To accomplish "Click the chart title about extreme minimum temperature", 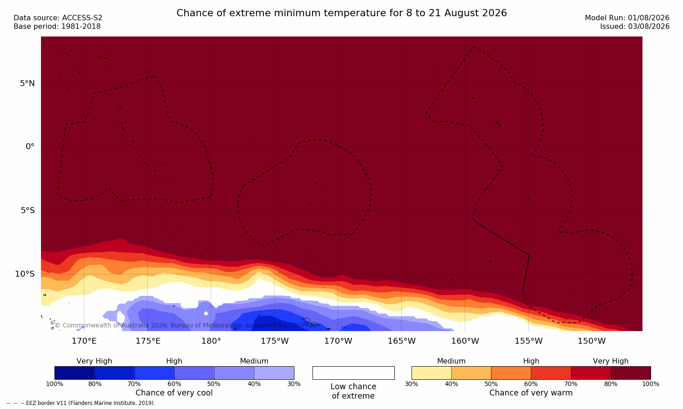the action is click(x=341, y=13).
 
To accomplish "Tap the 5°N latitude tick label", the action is click(x=27, y=83).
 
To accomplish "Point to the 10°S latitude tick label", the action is click(x=25, y=274).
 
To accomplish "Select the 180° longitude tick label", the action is click(x=211, y=341).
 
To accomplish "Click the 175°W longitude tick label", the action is click(x=275, y=341).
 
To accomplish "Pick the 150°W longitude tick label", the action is click(x=592, y=341).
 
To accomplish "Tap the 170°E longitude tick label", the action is click(x=84, y=341).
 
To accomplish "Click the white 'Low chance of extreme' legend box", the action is click(x=353, y=373).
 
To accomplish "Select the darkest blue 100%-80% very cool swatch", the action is click(x=75, y=373).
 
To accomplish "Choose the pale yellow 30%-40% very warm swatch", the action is click(x=431, y=373).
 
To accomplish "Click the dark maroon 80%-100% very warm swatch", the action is click(x=631, y=373).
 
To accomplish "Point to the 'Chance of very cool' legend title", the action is click(x=174, y=393).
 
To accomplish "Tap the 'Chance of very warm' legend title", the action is click(x=531, y=393).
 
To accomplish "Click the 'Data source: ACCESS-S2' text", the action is click(x=58, y=18).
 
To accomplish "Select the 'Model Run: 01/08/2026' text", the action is click(x=627, y=18).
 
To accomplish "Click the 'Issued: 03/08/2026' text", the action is click(x=635, y=27).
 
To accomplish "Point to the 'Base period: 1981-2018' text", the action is click(x=57, y=27).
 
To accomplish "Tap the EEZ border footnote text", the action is click(x=81, y=403).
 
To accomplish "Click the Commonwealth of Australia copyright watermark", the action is click(x=185, y=325).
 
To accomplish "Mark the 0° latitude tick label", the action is click(x=30, y=147).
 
